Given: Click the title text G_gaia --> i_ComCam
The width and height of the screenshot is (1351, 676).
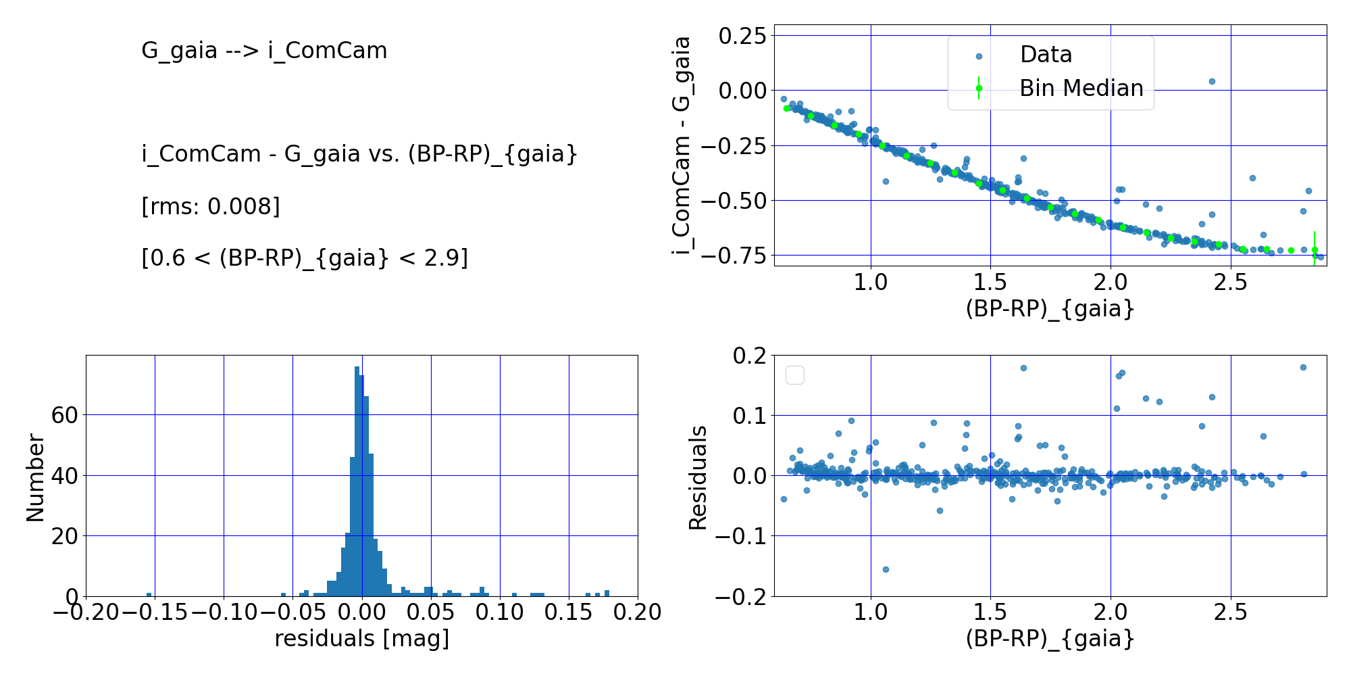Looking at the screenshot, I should click(x=264, y=51).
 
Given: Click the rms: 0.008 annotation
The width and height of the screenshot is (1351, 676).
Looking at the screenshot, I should click(x=211, y=206).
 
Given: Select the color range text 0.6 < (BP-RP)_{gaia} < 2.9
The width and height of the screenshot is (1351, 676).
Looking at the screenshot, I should click(x=305, y=258).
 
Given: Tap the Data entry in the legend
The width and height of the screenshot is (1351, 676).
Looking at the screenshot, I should click(x=1045, y=55).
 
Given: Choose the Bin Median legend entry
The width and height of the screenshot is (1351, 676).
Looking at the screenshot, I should click(x=1081, y=89).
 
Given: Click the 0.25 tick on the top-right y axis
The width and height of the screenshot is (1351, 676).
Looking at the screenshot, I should click(x=742, y=36).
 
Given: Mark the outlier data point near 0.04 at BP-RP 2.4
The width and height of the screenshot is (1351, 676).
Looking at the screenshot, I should click(x=1212, y=81).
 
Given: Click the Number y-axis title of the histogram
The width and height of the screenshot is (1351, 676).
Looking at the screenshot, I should click(x=35, y=477).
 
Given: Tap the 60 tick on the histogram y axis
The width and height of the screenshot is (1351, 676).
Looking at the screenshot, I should click(x=65, y=415).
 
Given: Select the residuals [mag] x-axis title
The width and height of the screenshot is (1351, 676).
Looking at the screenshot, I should click(x=362, y=638).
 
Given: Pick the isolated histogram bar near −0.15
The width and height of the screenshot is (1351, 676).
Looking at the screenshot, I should click(x=149, y=594).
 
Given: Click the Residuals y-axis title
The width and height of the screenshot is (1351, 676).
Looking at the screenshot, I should click(x=698, y=477).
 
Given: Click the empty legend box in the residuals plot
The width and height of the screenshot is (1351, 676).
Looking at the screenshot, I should click(x=795, y=375).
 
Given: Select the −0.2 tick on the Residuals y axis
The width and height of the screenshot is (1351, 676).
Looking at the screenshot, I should click(x=741, y=597).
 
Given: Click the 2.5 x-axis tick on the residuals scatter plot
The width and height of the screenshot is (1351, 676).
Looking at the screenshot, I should click(x=1230, y=612).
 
